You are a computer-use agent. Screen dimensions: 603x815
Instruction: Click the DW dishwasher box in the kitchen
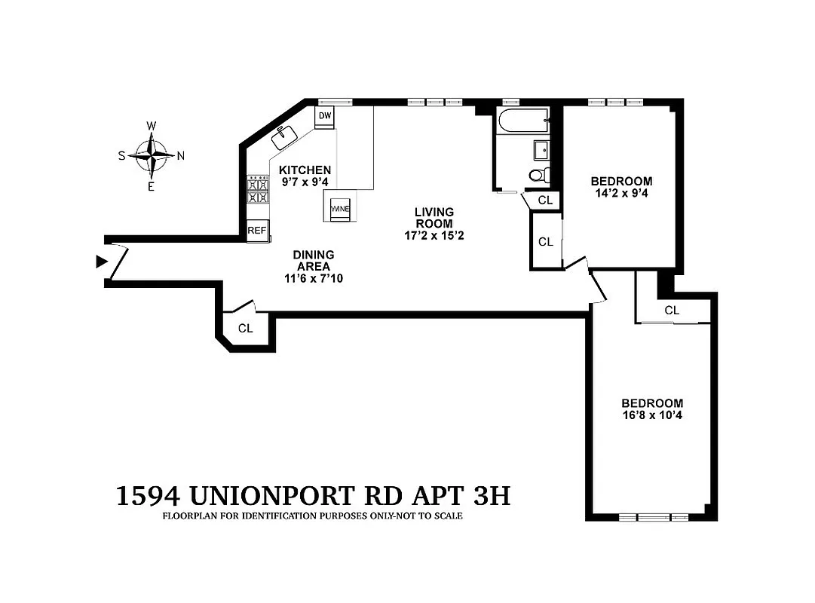pos(325,116)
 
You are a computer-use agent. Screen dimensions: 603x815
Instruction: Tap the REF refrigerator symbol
pos(257,231)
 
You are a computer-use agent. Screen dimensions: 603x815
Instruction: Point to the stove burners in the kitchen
pos(259,190)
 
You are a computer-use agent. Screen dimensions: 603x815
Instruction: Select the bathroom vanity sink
pos(541,150)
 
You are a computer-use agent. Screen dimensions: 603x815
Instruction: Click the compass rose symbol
pos(152,155)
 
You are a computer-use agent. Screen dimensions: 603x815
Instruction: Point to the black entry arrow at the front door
pos(101,262)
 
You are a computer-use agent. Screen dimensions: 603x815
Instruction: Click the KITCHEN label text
pos(305,170)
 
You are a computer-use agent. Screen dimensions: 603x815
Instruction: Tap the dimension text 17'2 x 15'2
pos(434,235)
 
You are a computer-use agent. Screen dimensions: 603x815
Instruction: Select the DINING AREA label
pos(314,261)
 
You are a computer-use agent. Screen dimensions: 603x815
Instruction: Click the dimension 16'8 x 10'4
pos(652,415)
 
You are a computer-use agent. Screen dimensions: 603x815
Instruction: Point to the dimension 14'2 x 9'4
pos(621,193)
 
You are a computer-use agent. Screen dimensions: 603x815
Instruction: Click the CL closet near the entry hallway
pos(245,328)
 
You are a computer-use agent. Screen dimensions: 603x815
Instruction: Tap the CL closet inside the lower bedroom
pos(672,310)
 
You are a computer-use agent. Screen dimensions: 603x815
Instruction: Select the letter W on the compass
pos(152,125)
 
